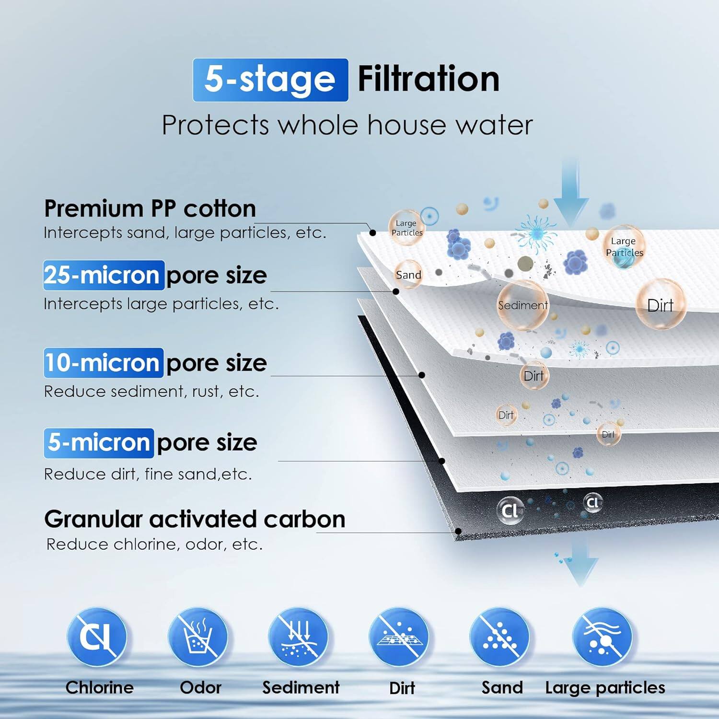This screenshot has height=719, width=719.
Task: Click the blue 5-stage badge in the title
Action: [x=270, y=80]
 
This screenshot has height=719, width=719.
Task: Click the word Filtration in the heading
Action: [x=429, y=79]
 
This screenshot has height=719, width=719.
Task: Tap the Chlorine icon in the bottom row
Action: [x=97, y=637]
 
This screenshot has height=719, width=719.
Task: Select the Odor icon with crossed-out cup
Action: [x=197, y=637]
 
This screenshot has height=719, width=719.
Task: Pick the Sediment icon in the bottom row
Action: [x=298, y=637]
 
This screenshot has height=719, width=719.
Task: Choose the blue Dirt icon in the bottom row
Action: [x=399, y=637]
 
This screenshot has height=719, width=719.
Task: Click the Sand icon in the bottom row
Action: [x=499, y=637]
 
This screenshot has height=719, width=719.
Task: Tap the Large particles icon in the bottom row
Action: [x=602, y=637]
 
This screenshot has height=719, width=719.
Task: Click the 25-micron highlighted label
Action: [x=104, y=275]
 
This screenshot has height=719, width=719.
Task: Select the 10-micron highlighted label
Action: [x=104, y=363]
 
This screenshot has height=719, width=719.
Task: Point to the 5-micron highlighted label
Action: [x=99, y=442]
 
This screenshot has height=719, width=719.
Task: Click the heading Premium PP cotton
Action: [x=150, y=209]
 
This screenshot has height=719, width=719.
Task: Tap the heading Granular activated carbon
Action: [x=195, y=519]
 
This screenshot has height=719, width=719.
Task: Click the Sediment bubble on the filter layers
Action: [x=522, y=305]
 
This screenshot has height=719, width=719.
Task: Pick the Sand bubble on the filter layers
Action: [x=408, y=275]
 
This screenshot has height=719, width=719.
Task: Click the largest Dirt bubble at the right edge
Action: [x=661, y=305]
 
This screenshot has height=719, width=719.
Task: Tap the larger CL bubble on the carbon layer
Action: [x=510, y=510]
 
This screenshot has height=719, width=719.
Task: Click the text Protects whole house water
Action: [x=347, y=125]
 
